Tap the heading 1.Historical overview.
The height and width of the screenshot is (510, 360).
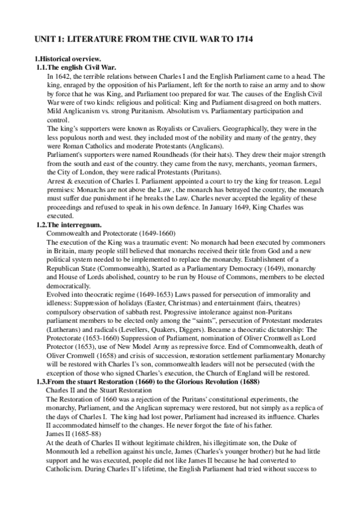point(67,58)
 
